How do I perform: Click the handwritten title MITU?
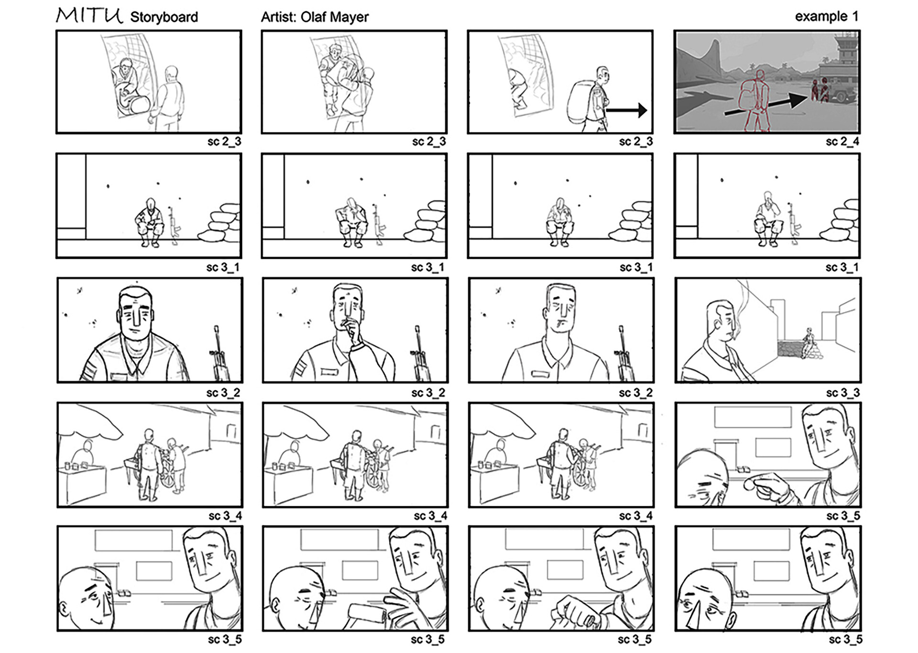click(89, 15)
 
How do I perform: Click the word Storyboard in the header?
click(164, 17)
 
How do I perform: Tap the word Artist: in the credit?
click(279, 17)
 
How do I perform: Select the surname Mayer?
click(350, 18)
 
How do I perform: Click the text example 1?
click(826, 16)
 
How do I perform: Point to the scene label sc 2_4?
click(842, 142)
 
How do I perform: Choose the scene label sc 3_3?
click(842, 393)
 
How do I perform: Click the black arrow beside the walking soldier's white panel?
click(626, 111)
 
